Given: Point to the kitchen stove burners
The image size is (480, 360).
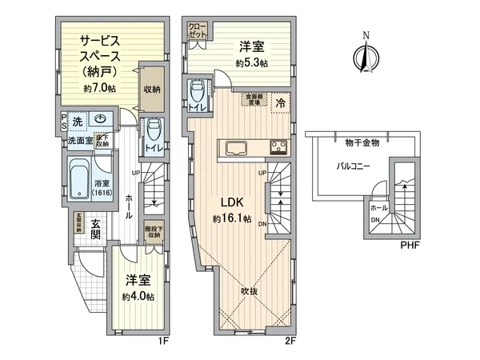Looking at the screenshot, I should coord(279,147).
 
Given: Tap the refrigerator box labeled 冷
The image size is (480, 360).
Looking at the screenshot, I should coord(281,102).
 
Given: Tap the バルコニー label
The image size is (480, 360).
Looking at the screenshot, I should coord(349,167).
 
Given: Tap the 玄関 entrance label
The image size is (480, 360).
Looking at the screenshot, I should coord(94,230).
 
